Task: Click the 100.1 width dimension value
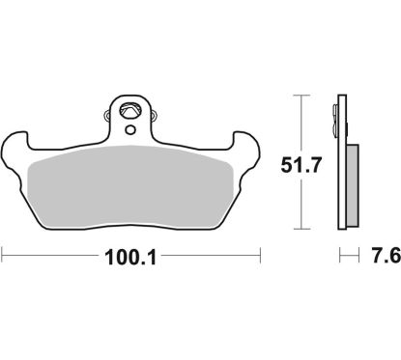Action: click(132, 258)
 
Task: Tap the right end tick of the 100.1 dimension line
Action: click(262, 257)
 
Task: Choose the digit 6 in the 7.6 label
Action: click(391, 257)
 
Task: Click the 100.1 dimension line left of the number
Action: click(48, 257)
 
